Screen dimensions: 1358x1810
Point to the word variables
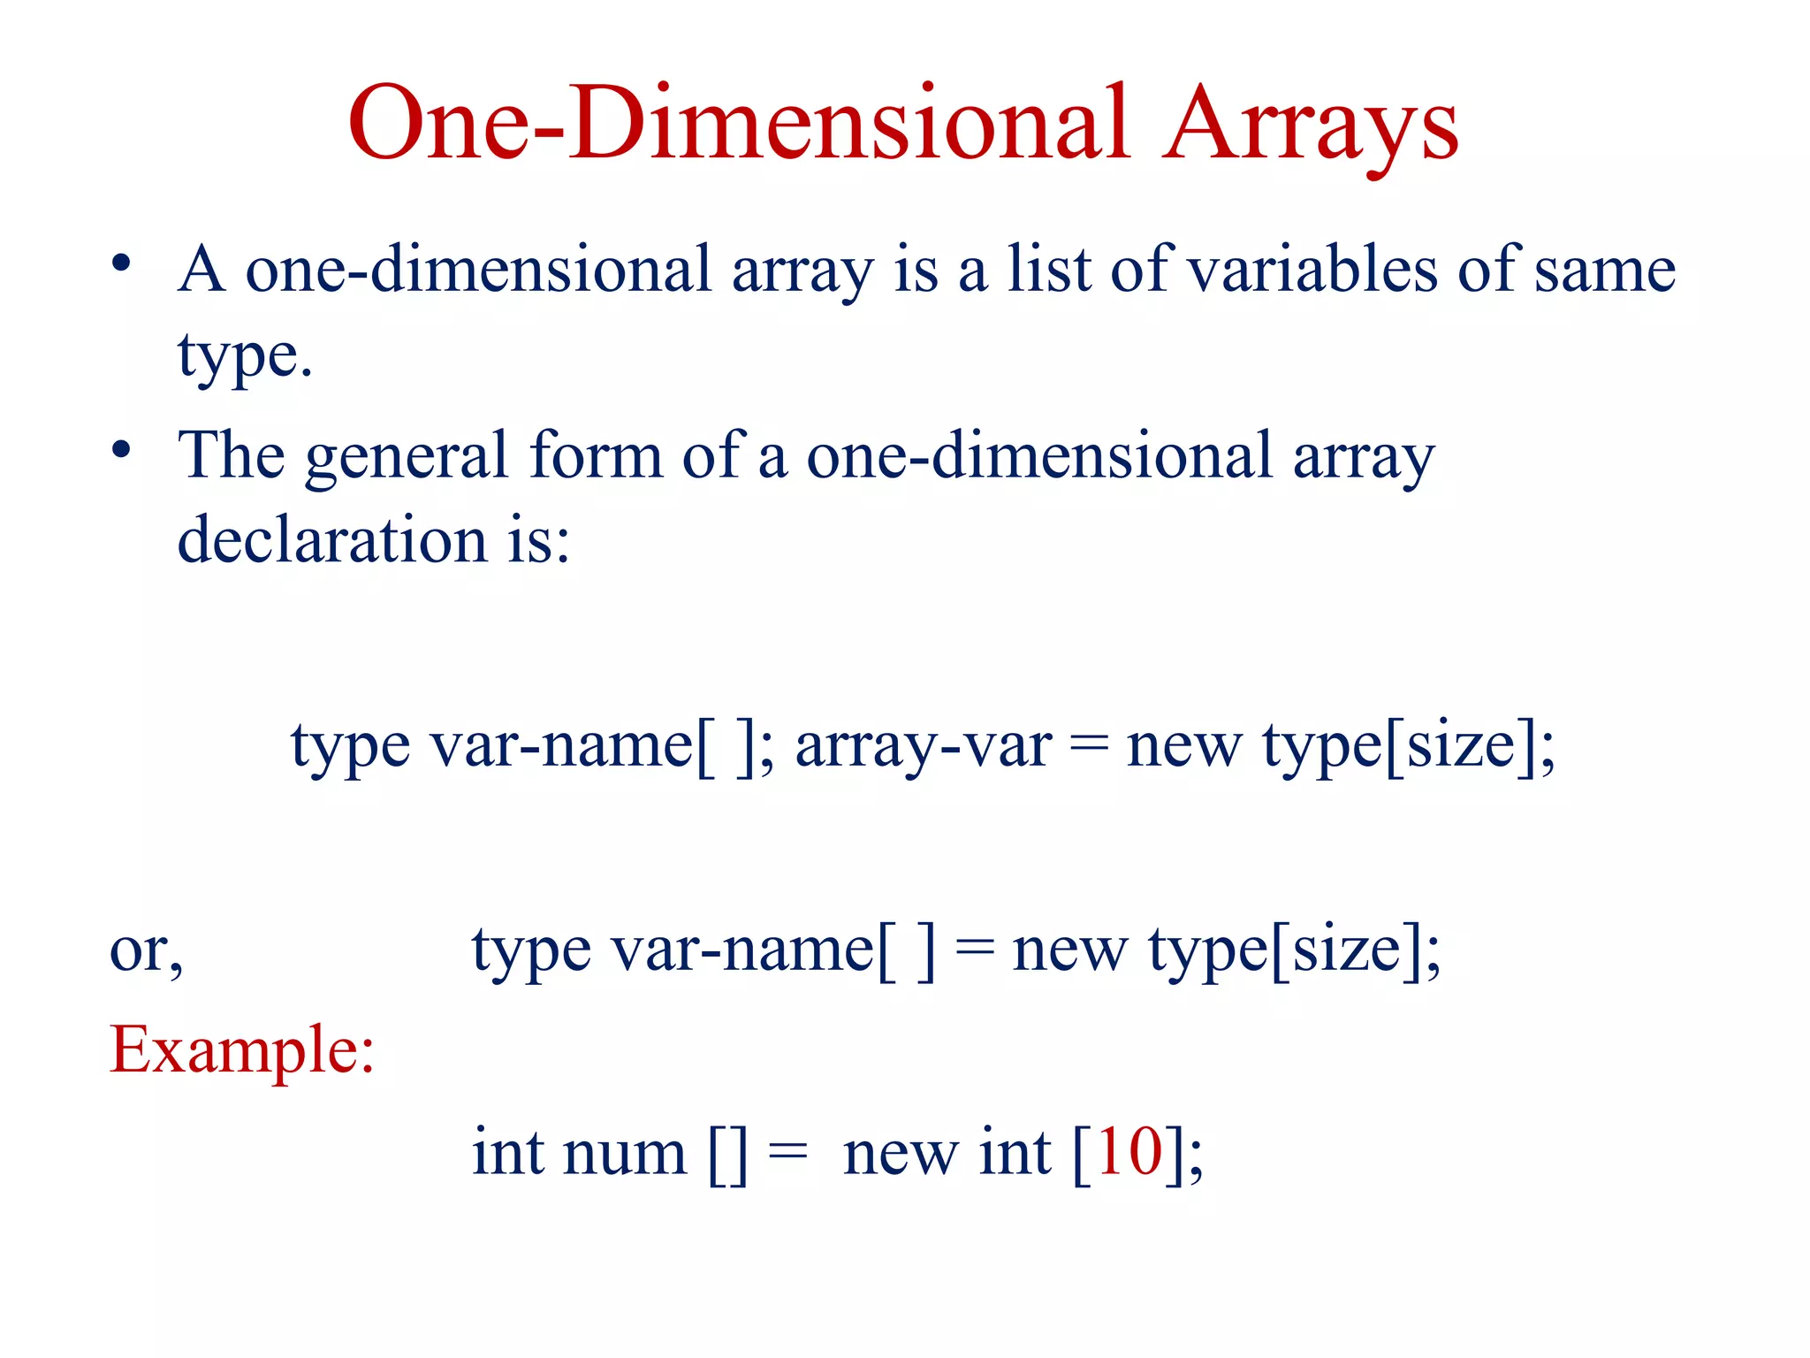tap(1312, 269)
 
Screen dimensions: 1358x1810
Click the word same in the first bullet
tap(1604, 271)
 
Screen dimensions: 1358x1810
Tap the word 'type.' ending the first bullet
tap(245, 355)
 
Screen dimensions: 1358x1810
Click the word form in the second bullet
tap(596, 455)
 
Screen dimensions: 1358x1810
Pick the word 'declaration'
tap(332, 539)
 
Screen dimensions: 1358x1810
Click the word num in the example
tap(625, 1154)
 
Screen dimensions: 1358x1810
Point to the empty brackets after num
tap(727, 1155)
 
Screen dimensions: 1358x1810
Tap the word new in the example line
tap(901, 1155)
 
